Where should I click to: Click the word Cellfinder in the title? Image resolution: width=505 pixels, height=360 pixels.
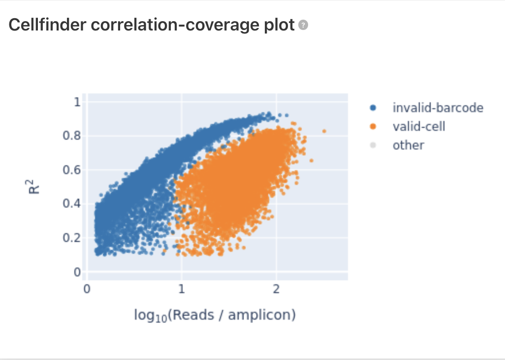coord(47,25)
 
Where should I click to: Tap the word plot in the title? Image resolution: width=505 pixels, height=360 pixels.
coord(279,26)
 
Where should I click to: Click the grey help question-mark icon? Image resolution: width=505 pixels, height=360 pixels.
coord(303,25)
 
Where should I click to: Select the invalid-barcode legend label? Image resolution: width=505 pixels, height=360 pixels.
coord(438,108)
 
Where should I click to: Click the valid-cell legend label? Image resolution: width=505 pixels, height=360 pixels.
coord(419,126)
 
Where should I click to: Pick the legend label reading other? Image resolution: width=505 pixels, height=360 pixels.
coord(409,145)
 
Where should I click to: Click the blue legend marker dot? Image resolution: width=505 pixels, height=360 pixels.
coord(373,108)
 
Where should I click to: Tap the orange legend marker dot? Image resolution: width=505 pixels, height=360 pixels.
coord(373,126)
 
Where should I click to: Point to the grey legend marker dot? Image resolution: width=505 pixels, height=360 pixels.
coord(373,145)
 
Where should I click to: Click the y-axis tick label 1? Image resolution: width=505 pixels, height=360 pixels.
coord(77,102)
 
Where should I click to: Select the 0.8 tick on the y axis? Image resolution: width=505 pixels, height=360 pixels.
coord(71,136)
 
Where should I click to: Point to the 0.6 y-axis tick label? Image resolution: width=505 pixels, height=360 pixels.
coord(71,170)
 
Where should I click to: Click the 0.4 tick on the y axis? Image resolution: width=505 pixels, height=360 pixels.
coord(71,204)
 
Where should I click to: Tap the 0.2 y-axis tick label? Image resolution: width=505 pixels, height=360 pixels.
coord(71,238)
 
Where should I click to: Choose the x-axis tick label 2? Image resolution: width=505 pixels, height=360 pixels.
coord(276,289)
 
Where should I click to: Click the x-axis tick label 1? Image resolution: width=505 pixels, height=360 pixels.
coord(182,289)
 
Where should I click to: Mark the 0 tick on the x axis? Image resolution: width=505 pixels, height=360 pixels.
coord(87,289)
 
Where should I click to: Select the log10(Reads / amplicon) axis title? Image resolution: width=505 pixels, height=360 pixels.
coord(215,315)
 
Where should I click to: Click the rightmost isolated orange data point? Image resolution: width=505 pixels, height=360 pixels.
coord(324,131)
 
